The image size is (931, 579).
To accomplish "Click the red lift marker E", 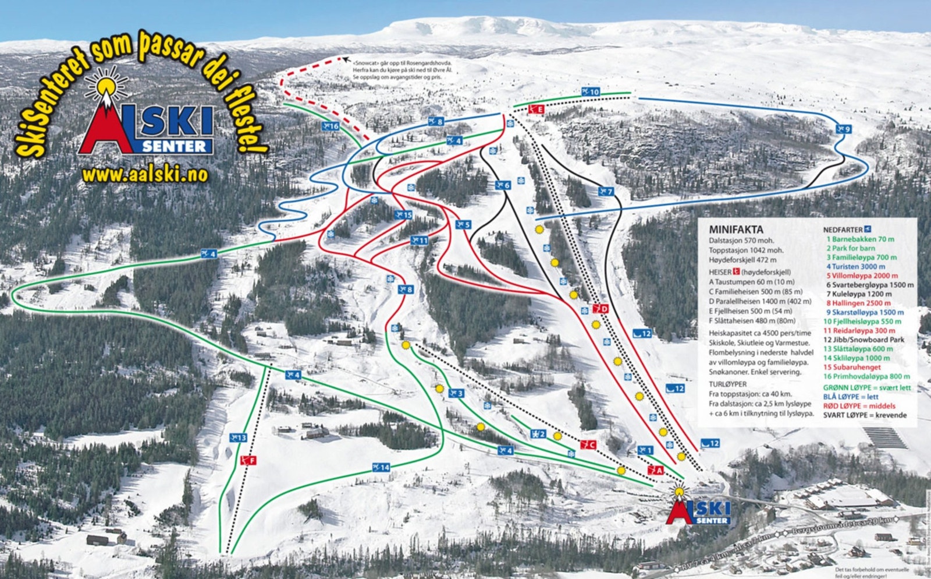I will pyautogui.click(x=536, y=109).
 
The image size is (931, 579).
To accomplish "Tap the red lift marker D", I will pyautogui.click(x=600, y=309).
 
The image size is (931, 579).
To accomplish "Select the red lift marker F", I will pyautogui.click(x=248, y=461).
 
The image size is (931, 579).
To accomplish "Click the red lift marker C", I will pyautogui.click(x=588, y=445).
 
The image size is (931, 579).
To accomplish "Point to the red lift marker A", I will pyautogui.click(x=655, y=470).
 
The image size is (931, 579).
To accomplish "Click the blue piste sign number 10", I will pyautogui.click(x=590, y=92).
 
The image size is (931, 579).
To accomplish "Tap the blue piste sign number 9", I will pyautogui.click(x=843, y=129).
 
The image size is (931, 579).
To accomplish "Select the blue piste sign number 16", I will pyautogui.click(x=330, y=126).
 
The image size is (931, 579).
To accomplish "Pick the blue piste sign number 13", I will pyautogui.click(x=237, y=437).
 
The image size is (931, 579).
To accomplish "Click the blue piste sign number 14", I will pyautogui.click(x=381, y=467).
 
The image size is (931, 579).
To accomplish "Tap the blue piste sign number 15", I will pyautogui.click(x=403, y=215).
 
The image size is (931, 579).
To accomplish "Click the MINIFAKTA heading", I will pyautogui.click(x=735, y=230).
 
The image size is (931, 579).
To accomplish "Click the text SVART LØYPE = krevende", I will pyautogui.click(x=865, y=415).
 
